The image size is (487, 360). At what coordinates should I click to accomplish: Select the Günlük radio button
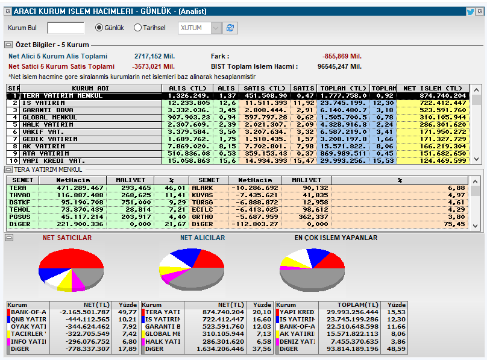tap(99, 28)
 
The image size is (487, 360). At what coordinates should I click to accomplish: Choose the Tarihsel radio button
tap(137, 28)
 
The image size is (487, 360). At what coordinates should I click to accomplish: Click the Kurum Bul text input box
tap(66, 28)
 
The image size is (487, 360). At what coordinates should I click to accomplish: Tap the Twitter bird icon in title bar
tap(470, 11)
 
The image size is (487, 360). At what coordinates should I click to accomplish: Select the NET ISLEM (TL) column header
tap(432, 88)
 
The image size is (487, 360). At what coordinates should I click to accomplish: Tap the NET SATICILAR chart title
tap(67, 238)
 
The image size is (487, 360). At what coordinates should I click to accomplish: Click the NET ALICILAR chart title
tap(203, 238)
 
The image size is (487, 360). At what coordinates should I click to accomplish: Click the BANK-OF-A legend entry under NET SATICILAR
tap(28, 312)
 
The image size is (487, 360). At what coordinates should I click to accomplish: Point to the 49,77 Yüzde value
tap(127, 312)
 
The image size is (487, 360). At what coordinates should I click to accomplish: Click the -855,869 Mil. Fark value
tap(342, 56)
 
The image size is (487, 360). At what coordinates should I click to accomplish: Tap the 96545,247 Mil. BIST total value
tap(339, 66)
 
